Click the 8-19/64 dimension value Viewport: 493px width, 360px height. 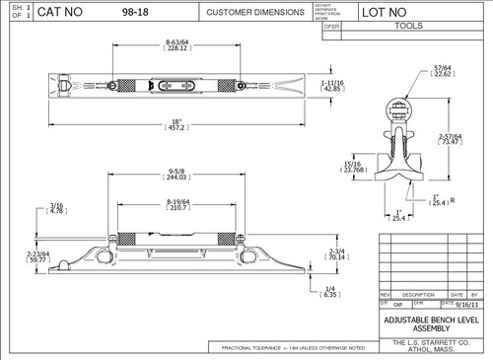point(178,204)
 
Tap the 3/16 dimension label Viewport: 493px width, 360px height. point(30,205)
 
